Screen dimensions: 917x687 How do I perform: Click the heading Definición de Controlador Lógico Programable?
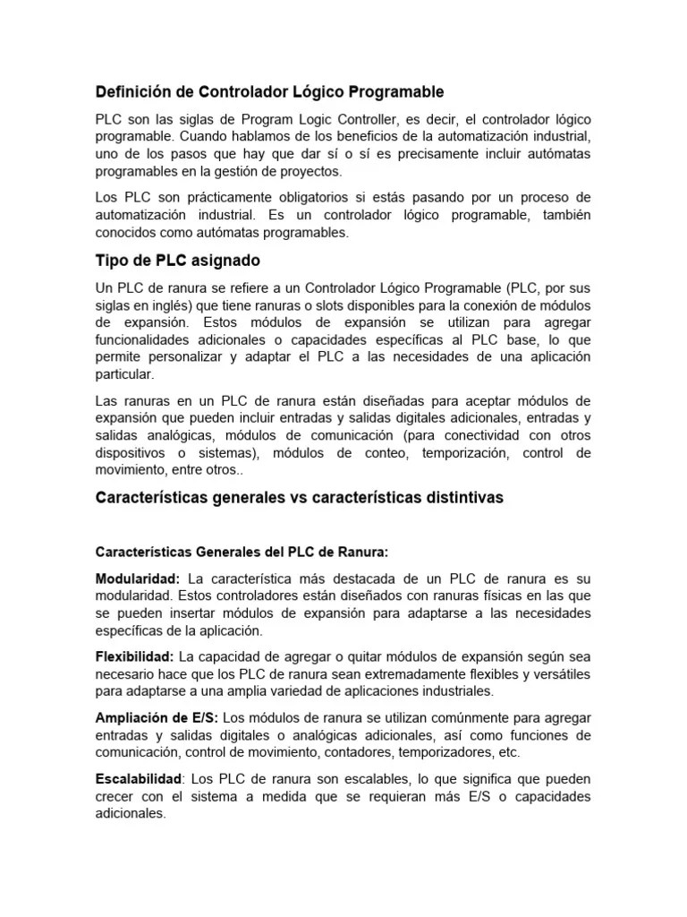[269, 92]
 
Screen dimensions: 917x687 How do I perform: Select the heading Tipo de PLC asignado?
[178, 261]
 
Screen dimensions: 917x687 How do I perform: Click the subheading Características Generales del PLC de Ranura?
[242, 552]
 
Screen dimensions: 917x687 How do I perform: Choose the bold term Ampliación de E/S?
[157, 718]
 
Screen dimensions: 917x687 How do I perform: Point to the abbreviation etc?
[508, 752]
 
